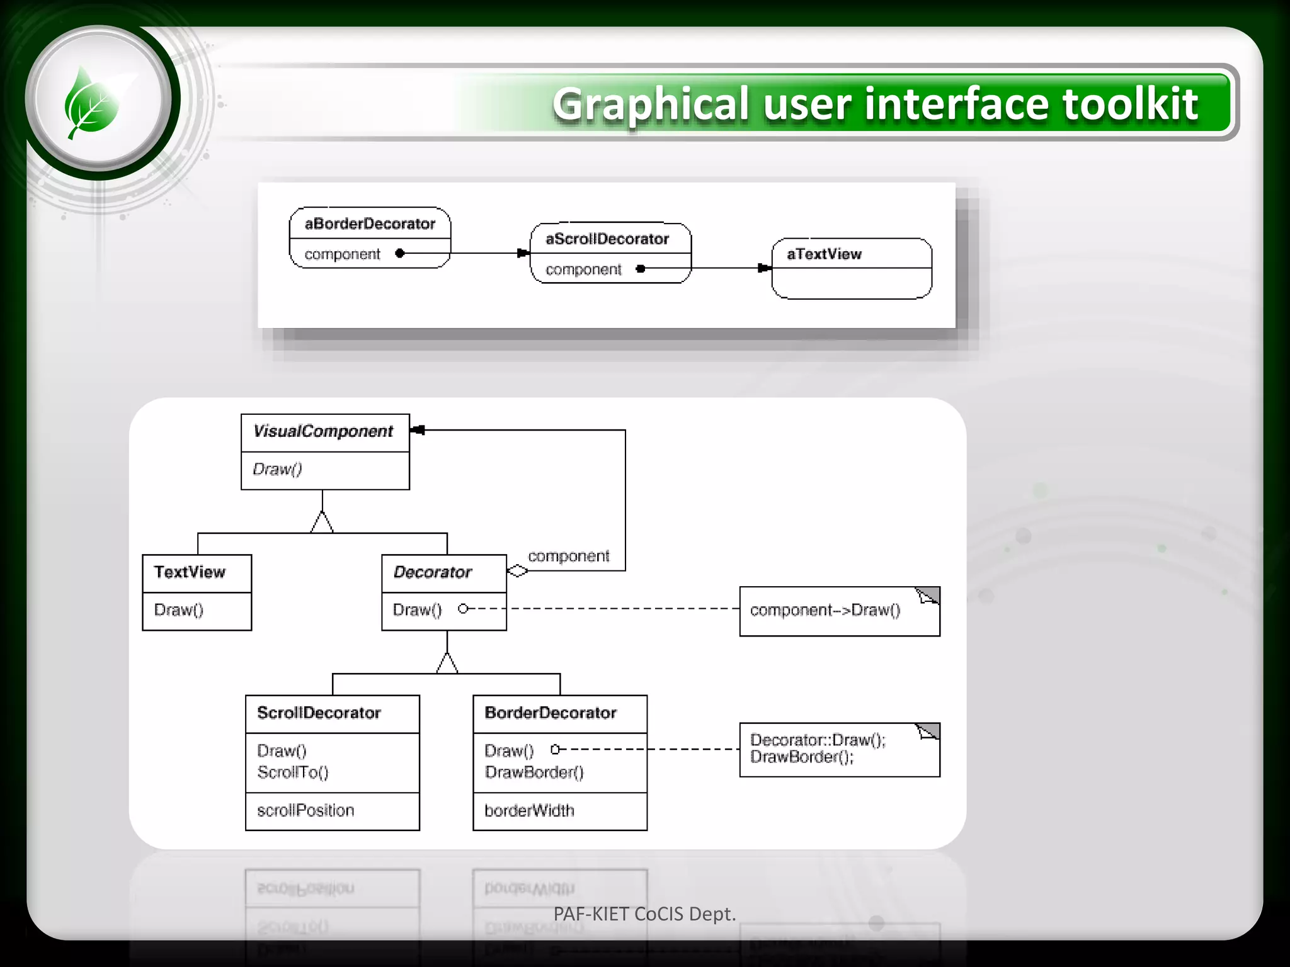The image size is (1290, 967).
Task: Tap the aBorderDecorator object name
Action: click(x=370, y=224)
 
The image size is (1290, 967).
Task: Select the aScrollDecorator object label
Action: click(x=607, y=239)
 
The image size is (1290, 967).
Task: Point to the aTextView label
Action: click(x=824, y=254)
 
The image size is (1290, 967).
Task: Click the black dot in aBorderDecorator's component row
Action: click(x=399, y=253)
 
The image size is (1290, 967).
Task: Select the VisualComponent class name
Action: click(x=323, y=431)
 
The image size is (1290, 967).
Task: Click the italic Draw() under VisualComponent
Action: click(x=277, y=469)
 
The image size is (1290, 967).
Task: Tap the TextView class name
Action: click(x=190, y=572)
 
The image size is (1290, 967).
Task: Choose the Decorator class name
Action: click(x=433, y=572)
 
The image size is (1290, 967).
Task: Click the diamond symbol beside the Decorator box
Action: click(x=518, y=571)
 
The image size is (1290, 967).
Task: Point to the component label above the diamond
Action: click(x=568, y=557)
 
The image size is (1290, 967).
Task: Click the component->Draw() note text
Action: click(x=825, y=610)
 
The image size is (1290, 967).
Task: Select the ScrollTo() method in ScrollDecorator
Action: click(x=293, y=772)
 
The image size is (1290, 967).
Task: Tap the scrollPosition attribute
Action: click(x=305, y=811)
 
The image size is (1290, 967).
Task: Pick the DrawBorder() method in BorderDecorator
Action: click(x=534, y=772)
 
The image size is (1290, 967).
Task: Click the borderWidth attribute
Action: click(x=529, y=811)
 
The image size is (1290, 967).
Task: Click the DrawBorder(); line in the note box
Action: click(x=802, y=757)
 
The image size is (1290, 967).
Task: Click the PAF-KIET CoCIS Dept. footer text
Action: click(x=644, y=914)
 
